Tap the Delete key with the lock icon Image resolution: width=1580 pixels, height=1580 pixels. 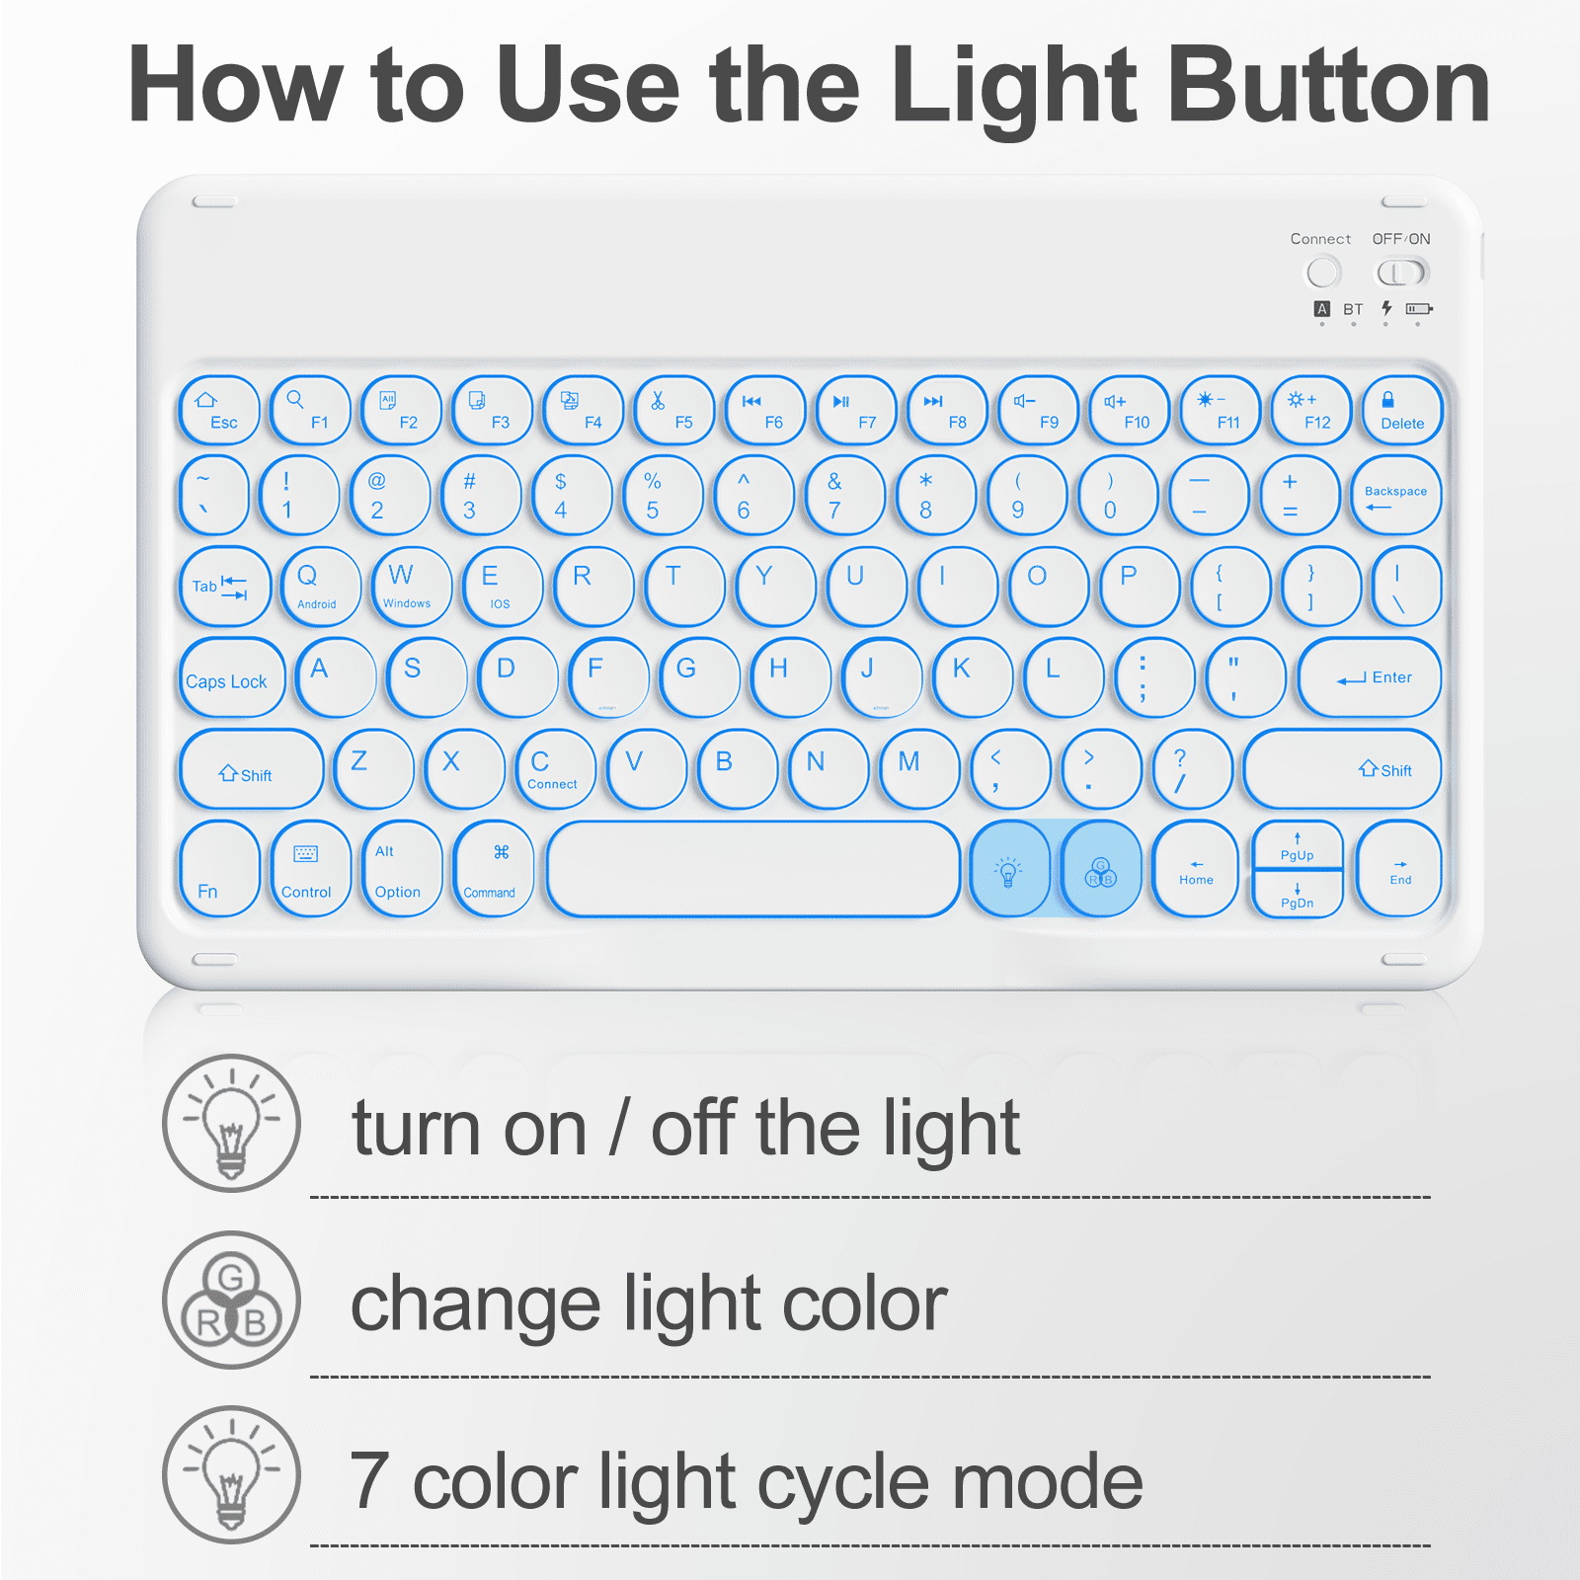coord(1401,410)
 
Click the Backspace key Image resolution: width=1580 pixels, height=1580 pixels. coord(1395,495)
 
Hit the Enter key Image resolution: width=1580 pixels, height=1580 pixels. coord(1370,677)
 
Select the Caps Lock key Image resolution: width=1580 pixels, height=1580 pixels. coord(231,678)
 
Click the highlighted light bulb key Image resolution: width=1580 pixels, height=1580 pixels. coord(1009,869)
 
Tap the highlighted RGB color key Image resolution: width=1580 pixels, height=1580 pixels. coord(1101,869)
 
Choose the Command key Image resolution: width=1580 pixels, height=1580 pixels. coord(493,869)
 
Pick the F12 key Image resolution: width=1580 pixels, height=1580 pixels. coord(1310,410)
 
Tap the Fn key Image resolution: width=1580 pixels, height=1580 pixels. coord(219,869)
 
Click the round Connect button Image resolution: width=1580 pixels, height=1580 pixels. coord(1323,273)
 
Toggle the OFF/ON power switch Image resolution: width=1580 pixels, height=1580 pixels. coord(1402,273)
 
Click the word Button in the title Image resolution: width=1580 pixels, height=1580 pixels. coord(1328,86)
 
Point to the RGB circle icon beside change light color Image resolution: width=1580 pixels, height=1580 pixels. coord(231,1300)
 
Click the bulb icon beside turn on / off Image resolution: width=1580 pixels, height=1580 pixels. coord(231,1123)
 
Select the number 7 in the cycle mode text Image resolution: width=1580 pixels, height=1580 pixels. coord(369,1480)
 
